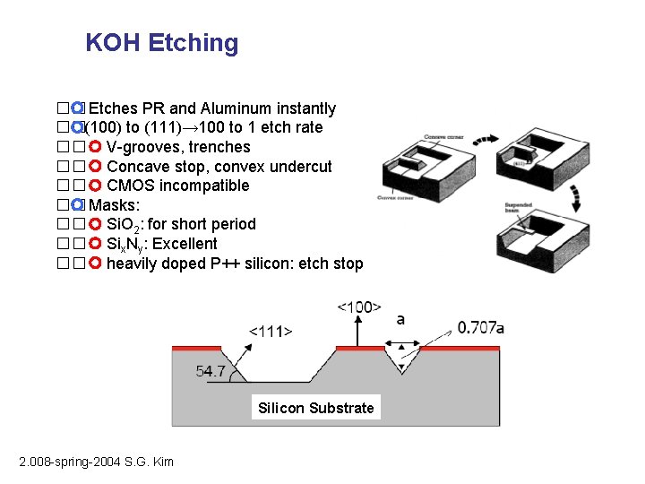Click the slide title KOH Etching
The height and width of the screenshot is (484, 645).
(162, 43)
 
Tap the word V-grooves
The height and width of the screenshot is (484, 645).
(141, 147)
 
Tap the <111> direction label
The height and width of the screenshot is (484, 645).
(270, 331)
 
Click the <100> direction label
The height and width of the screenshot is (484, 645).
(358, 307)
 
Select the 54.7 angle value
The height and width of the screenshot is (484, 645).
(212, 370)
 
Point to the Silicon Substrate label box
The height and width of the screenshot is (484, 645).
(315, 408)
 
